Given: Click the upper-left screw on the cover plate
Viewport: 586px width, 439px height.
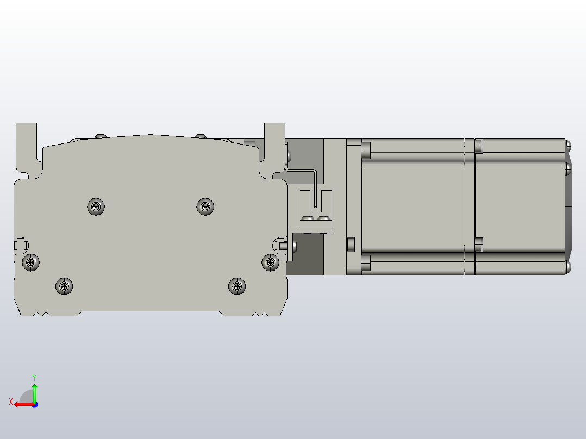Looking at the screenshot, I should tap(96, 206).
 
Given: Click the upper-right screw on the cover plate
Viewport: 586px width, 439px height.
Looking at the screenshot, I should tap(205, 206).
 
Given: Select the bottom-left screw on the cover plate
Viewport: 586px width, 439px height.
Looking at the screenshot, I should tap(65, 286).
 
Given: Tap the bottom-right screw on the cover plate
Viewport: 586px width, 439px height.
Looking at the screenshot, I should tap(236, 286).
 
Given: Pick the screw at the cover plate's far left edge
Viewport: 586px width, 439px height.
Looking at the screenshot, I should tap(31, 263).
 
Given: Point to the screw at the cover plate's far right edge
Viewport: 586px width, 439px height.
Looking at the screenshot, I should tap(270, 262).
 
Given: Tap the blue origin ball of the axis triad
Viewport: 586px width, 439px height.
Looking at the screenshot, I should tap(34, 404).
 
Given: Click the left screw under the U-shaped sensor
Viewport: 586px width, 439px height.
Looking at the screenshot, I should tap(308, 219).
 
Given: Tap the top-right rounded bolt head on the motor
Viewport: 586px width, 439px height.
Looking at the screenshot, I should tap(568, 145).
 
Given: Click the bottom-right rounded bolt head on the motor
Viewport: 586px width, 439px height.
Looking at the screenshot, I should tap(568, 267).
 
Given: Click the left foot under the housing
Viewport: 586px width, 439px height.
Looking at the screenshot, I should tap(51, 313).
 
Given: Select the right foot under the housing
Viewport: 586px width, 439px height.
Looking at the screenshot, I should tap(250, 313).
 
